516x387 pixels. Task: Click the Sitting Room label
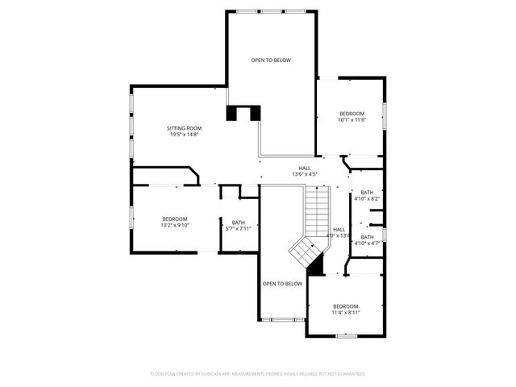pos(184,128)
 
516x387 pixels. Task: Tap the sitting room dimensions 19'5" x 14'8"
pos(184,135)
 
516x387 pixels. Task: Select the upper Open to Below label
pos(270,60)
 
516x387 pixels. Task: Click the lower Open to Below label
pos(282,284)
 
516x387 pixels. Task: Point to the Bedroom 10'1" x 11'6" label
pos(352,114)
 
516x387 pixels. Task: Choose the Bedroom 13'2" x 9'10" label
pos(174,219)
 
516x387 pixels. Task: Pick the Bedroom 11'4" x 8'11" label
pos(346,306)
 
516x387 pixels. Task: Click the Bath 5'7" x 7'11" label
pos(238,223)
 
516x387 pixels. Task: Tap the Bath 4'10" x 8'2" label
pos(367,192)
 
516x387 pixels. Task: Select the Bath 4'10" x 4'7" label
pos(367,237)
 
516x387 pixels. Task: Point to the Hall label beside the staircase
pos(339,230)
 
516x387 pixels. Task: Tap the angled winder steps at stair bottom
pos(304,252)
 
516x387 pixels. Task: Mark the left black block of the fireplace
pos(233,114)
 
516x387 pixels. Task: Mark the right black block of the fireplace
pos(255,114)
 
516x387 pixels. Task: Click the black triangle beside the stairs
pos(317,263)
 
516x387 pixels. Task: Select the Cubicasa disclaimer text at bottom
pos(258,374)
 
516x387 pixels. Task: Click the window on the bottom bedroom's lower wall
pos(346,336)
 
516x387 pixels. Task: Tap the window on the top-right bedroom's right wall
pos(385,114)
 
